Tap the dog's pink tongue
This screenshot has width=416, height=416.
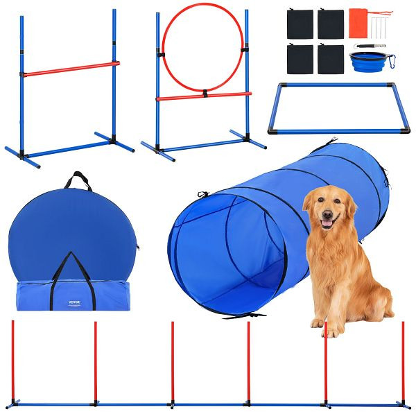click(327, 224)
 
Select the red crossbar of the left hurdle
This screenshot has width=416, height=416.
click(69, 69)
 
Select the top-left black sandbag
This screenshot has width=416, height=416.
click(300, 24)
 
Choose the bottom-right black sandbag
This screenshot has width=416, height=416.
click(331, 59)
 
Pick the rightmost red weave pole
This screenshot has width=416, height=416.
click(403, 361)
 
